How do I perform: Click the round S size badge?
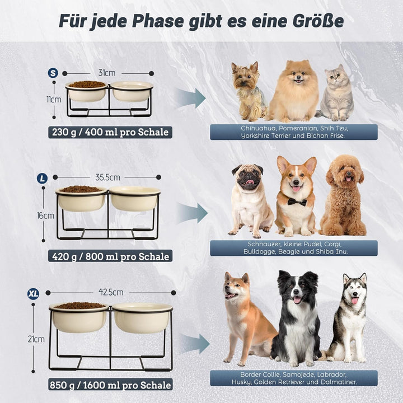tap(53, 73)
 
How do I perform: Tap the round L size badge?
tap(42, 178)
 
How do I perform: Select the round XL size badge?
tap(33, 293)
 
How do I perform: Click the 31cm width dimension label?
tap(107, 73)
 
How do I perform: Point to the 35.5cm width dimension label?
tap(107, 177)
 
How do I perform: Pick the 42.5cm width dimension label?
tap(111, 292)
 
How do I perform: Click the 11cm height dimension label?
tap(54, 100)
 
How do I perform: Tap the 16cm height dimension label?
tap(45, 215)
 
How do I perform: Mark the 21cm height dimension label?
tap(36, 339)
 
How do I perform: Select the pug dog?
tap(250, 200)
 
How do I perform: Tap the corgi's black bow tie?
tap(297, 202)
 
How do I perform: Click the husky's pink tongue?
tap(355, 301)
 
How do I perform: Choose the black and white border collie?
tap(297, 318)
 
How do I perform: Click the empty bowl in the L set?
tap(134, 198)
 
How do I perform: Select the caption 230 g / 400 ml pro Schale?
tap(110, 132)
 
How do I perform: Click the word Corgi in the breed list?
tap(332, 244)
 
